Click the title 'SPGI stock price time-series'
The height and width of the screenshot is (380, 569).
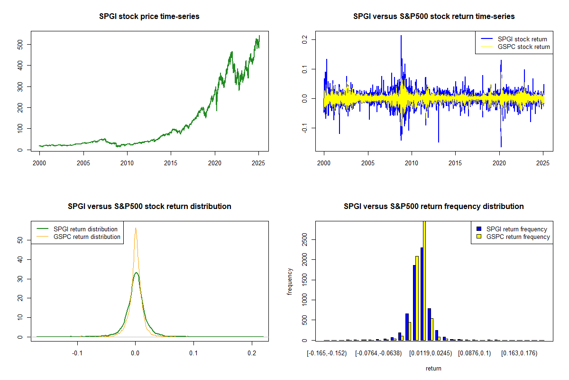[149, 17]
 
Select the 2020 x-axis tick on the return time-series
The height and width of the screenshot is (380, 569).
[499, 162]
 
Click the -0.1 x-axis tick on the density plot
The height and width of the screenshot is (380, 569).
[77, 353]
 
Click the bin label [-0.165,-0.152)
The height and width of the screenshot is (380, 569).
[327, 353]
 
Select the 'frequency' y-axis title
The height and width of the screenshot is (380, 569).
[290, 281]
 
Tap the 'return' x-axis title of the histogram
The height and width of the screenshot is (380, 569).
[433, 368]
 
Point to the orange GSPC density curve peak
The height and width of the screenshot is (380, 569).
[136, 228]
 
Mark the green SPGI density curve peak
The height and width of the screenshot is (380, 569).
[136, 273]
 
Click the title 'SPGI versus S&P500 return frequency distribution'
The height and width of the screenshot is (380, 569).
[433, 207]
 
